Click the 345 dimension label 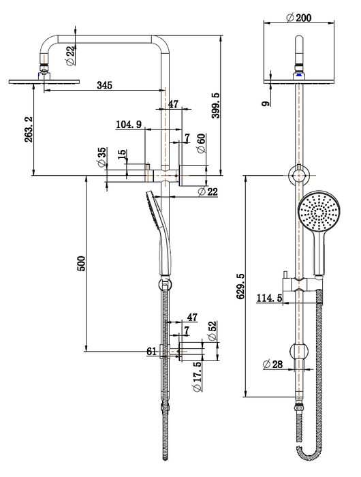coord(105,85)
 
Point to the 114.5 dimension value coord(270,298)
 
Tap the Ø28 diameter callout coord(273,365)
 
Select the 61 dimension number coord(151,352)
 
